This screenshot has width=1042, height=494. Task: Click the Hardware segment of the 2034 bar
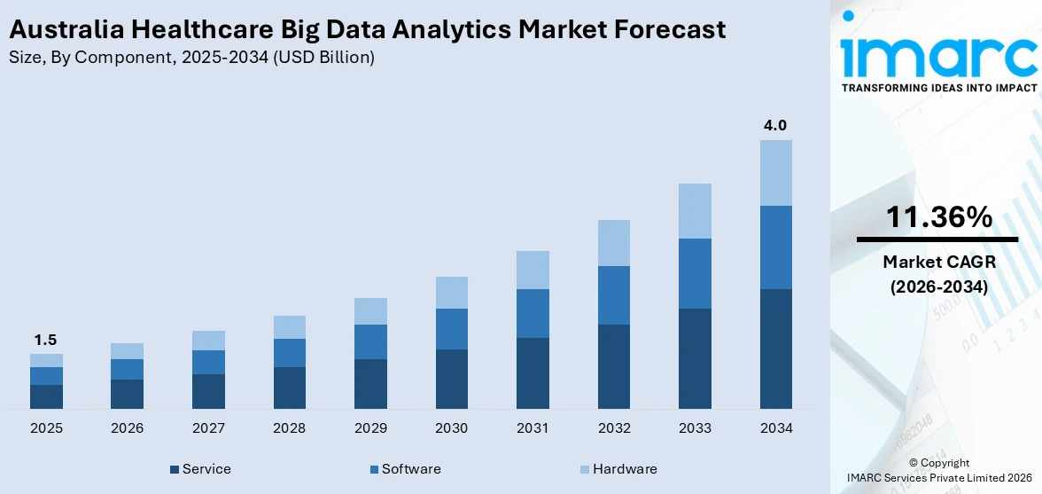[775, 172]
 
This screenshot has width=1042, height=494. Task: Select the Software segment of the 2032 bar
[613, 294]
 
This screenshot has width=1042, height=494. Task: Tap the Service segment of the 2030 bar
[451, 379]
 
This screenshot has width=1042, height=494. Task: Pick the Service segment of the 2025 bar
[46, 396]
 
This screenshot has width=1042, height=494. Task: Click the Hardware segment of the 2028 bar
[289, 326]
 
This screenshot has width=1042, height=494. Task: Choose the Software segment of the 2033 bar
[695, 273]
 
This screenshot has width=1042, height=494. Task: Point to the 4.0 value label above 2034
[775, 125]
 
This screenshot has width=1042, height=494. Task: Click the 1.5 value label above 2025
[46, 340]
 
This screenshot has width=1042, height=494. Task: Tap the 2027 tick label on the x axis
[208, 428]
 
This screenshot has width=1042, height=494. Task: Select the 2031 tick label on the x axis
[533, 428]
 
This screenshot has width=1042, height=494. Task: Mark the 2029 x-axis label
[370, 428]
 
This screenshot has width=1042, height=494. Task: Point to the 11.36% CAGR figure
[938, 217]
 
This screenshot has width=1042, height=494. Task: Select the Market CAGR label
[938, 262]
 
